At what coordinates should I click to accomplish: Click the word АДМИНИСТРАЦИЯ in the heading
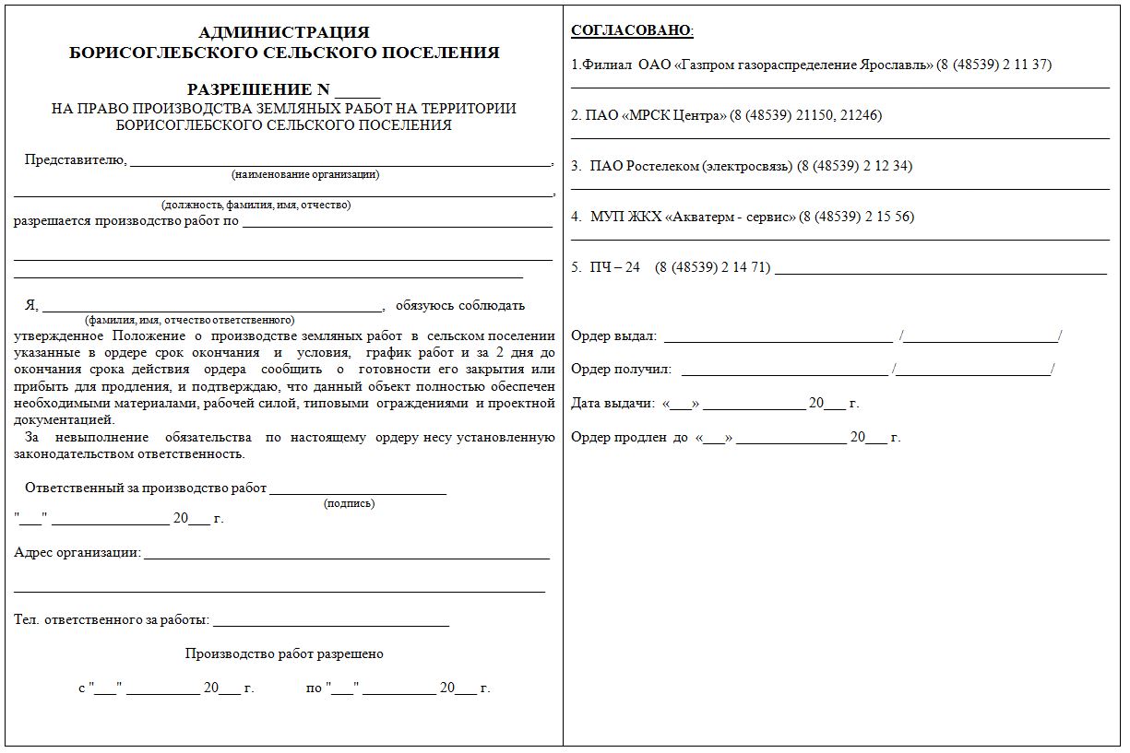point(284,33)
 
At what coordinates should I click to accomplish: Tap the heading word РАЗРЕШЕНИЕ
point(249,89)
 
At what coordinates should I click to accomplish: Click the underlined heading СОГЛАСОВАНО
point(631,30)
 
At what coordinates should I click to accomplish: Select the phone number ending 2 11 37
point(994,65)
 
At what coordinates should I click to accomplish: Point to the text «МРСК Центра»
point(674,116)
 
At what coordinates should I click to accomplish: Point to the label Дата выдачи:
point(613,404)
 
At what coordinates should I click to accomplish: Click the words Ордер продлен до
point(629,438)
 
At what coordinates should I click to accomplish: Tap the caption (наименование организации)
point(305,174)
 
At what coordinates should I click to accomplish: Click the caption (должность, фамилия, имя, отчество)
point(256,205)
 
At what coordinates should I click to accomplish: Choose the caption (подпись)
point(349,503)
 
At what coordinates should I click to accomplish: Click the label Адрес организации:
point(77,553)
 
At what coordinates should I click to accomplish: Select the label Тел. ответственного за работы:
point(112,620)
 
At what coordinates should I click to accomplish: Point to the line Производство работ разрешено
point(284,654)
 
